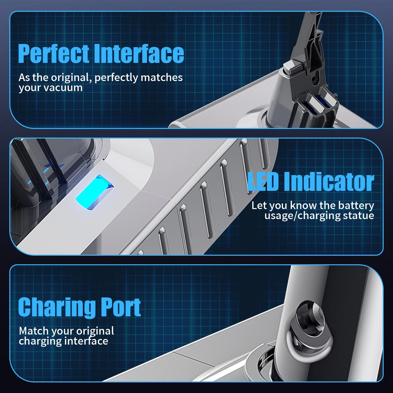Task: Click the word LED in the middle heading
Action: (263, 182)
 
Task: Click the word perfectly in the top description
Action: (116, 78)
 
